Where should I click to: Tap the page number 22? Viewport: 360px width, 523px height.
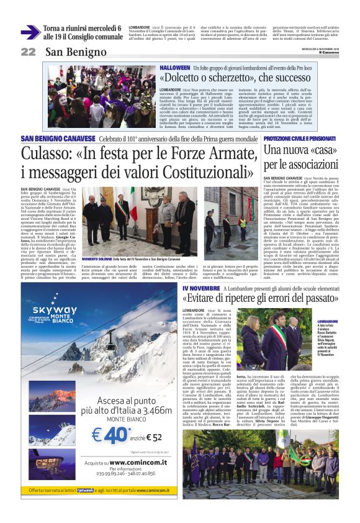(x=28, y=52)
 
